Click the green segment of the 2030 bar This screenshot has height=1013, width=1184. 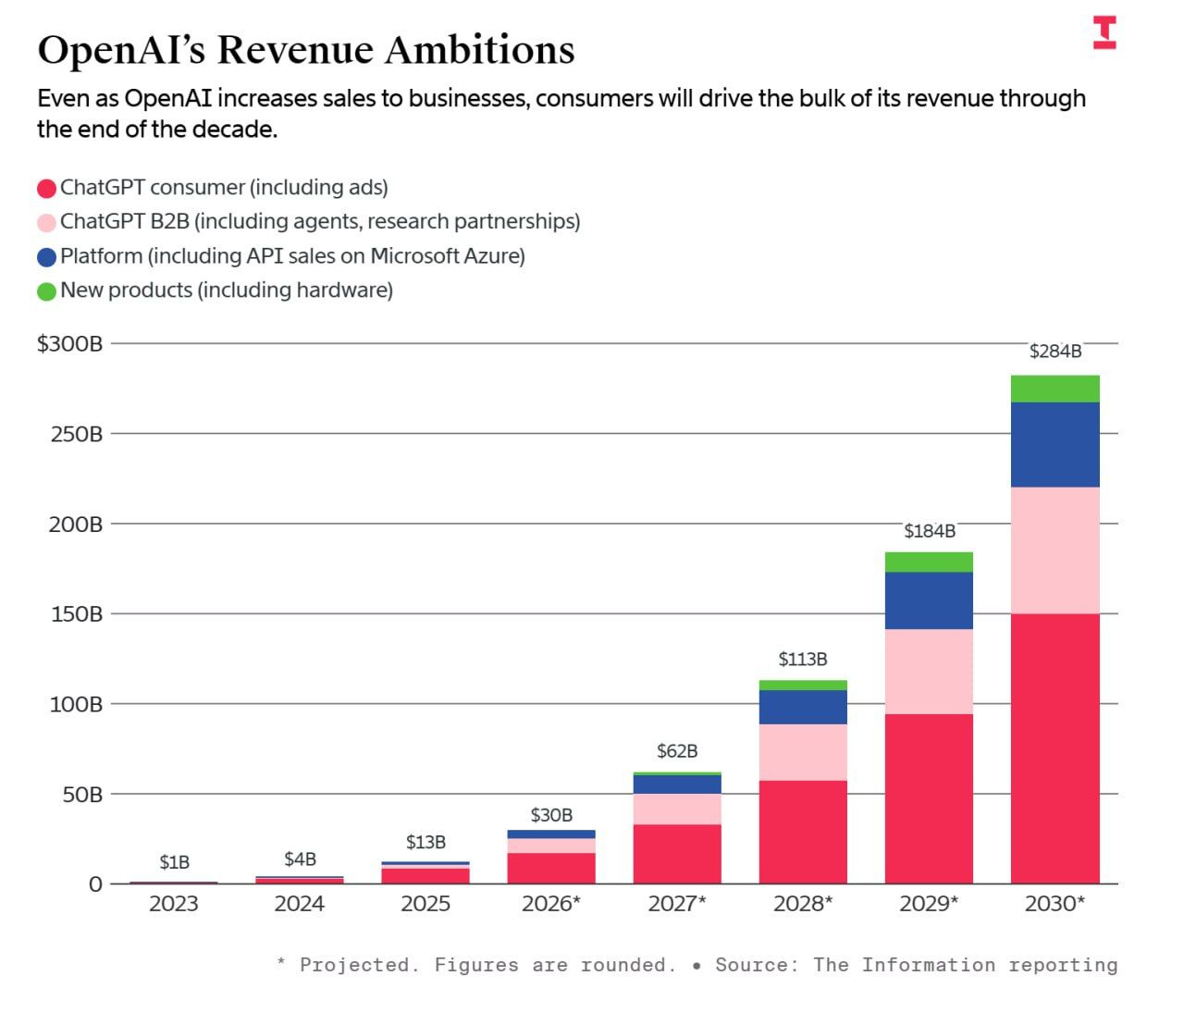[1054, 389]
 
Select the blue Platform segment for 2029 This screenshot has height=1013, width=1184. [929, 600]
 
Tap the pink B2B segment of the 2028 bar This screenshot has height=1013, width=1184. [803, 752]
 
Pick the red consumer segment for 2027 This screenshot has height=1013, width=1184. [677, 853]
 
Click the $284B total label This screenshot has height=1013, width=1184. [1055, 352]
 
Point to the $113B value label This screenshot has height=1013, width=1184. [802, 660]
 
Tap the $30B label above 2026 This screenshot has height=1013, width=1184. [551, 815]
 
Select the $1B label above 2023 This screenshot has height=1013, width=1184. [174, 862]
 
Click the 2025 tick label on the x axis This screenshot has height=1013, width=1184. [425, 904]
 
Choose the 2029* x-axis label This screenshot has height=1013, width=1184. [929, 904]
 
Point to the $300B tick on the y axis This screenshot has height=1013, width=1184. [70, 344]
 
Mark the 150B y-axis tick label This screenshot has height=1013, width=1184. [76, 614]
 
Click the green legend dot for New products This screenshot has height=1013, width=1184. [46, 291]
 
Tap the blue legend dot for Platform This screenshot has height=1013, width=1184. [46, 257]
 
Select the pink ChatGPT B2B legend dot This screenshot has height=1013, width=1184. [46, 223]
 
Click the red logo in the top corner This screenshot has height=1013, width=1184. [1104, 32]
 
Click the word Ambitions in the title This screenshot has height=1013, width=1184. [479, 50]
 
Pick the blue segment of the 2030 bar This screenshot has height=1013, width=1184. [1054, 444]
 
